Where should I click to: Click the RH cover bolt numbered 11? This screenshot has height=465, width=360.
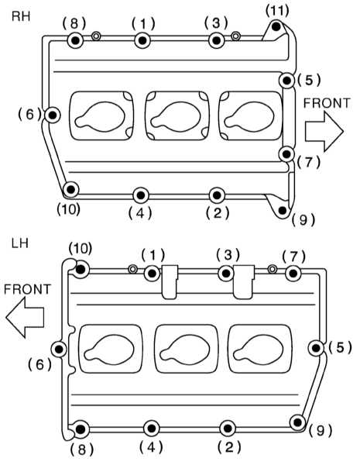tap(276, 26)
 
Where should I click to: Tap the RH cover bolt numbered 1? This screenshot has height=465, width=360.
tap(142, 40)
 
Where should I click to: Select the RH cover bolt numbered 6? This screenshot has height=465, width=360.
tap(53, 115)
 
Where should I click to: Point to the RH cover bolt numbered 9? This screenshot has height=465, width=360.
tap(283, 210)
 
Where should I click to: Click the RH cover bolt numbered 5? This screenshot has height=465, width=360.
tap(286, 81)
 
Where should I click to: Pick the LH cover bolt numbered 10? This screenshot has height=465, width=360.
tap(81, 270)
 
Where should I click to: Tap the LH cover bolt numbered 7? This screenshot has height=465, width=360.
tap(293, 273)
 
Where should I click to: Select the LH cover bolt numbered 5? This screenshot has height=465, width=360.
tap(316, 348)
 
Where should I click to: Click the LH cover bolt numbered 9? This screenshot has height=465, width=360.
tap(297, 422)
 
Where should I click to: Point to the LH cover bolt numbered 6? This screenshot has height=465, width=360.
tap(59, 349)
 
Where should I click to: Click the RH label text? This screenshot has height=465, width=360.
tap(21, 16)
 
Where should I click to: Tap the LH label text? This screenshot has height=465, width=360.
tap(20, 243)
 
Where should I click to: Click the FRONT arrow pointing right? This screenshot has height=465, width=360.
tap(324, 132)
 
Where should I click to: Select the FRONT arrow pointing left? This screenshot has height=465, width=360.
tap(25, 317)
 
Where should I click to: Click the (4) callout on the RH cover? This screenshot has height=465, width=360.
tap(140, 212)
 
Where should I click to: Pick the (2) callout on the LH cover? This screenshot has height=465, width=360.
tap(229, 446)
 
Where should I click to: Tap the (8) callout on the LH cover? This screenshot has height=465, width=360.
tap(82, 449)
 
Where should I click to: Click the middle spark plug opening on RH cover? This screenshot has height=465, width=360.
tap(177, 115)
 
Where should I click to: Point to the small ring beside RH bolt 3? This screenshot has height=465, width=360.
tap(235, 36)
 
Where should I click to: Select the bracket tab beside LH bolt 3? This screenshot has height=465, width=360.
tap(244, 282)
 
